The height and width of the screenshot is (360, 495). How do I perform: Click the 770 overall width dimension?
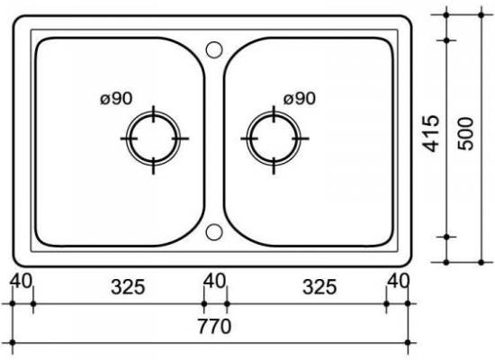click(214, 326)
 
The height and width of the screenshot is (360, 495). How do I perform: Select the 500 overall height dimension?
click(466, 133)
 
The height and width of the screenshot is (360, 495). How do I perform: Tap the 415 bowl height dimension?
click(431, 133)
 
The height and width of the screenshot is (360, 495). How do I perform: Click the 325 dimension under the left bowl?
click(128, 287)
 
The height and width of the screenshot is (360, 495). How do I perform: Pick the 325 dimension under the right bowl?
click(319, 287)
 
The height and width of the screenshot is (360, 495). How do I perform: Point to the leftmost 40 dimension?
click(21, 281)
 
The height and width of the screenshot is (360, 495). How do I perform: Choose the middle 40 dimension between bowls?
click(215, 281)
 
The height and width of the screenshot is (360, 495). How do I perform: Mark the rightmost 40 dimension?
click(399, 281)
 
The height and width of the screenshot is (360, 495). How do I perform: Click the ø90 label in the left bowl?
click(116, 98)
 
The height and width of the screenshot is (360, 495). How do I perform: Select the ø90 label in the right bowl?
click(300, 98)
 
